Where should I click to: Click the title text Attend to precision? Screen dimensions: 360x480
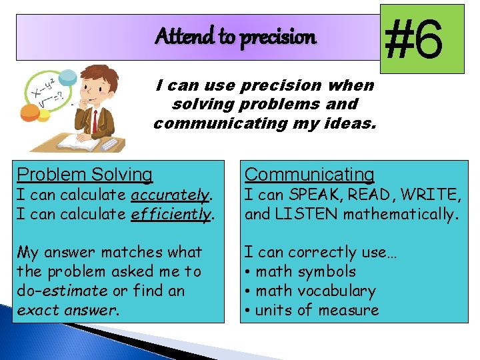pos(235,37)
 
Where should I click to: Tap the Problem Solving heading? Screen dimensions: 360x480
pos(85,175)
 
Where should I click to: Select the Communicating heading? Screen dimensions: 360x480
pos(309,175)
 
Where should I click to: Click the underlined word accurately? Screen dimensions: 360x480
pos(171,195)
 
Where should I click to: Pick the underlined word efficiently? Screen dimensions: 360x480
pos(171,215)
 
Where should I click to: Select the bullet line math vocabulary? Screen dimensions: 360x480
pos(315,291)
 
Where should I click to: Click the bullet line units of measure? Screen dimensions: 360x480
pos(317,310)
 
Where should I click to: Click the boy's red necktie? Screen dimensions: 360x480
pos(95,121)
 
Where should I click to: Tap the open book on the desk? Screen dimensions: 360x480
pos(79,142)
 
